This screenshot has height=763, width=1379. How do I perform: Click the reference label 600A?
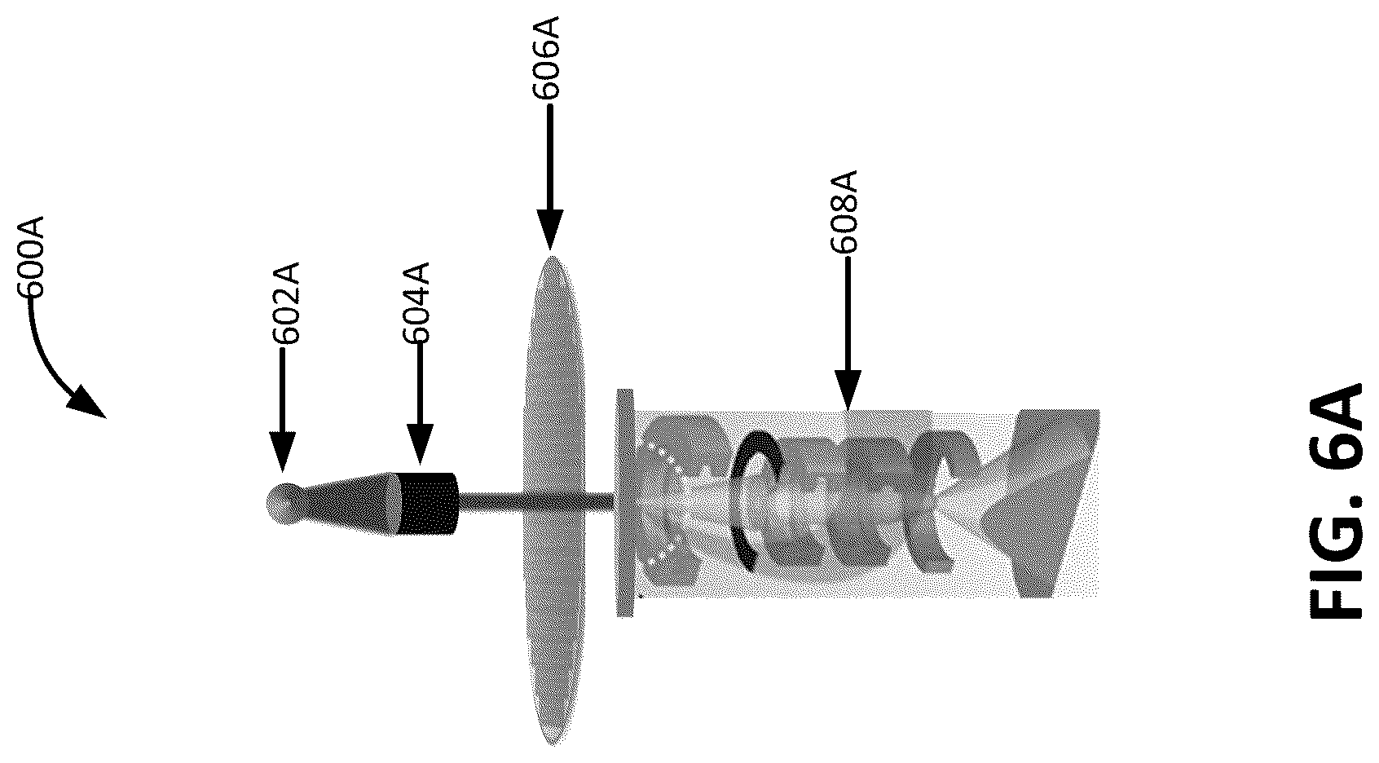(32, 257)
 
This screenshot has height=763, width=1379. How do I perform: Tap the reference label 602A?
(286, 302)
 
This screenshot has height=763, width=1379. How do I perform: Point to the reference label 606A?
(546, 59)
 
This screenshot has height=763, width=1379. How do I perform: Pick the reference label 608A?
(844, 212)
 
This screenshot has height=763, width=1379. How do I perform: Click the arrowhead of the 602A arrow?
(283, 452)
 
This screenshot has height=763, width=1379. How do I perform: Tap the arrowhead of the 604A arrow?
(420, 443)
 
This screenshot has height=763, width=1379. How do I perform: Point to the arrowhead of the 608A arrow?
(848, 390)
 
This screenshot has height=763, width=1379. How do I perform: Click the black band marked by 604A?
(429, 503)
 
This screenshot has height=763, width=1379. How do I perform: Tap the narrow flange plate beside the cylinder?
(625, 502)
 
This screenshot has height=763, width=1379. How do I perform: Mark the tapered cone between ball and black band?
(348, 503)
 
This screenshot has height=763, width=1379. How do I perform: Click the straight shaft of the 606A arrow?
(550, 157)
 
